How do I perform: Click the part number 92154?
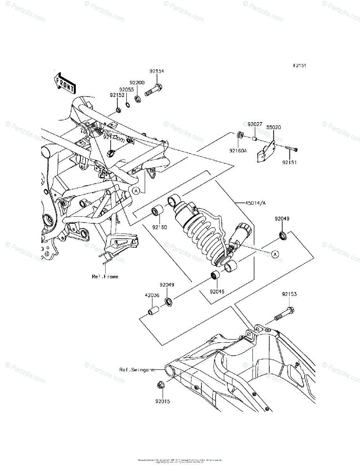click(156, 71)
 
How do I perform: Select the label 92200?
click(137, 83)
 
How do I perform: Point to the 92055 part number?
click(127, 89)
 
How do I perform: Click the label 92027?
click(254, 124)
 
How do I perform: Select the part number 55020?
click(274, 128)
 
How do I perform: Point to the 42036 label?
click(151, 296)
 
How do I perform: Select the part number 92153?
click(289, 294)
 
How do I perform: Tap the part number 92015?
click(161, 401)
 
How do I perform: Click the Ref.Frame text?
click(105, 276)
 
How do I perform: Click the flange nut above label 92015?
click(161, 385)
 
